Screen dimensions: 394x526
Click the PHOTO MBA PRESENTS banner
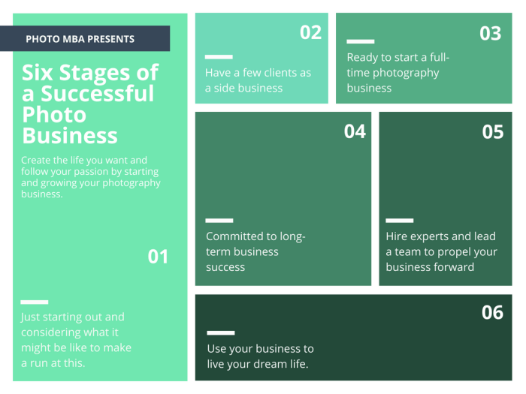(x=80, y=39)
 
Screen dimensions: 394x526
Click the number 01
(x=158, y=257)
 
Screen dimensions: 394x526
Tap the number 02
(x=310, y=32)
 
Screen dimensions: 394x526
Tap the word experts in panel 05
(x=431, y=236)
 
